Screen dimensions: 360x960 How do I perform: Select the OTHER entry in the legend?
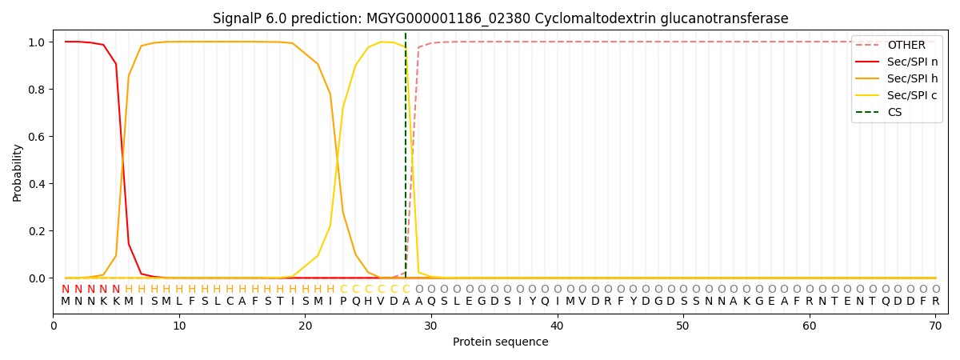coord(906,45)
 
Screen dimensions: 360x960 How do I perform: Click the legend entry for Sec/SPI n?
coord(912,62)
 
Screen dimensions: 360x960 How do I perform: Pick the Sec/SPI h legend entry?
coord(912,78)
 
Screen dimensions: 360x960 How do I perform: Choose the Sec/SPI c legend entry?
coord(912,95)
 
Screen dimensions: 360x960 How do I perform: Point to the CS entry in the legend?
coord(894,112)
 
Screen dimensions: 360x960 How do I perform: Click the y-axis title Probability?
coord(18,172)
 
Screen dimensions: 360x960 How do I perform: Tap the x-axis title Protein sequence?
coord(500,342)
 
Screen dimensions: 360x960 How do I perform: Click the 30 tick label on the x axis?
coord(430,326)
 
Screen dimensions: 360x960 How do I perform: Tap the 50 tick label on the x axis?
coord(682,326)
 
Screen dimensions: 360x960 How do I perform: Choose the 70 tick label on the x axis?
coord(935,326)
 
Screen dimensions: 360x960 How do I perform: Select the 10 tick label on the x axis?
coord(179,326)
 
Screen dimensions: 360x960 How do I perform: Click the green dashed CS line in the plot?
coord(406,160)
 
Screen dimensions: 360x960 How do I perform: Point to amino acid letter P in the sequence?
coord(343,302)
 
